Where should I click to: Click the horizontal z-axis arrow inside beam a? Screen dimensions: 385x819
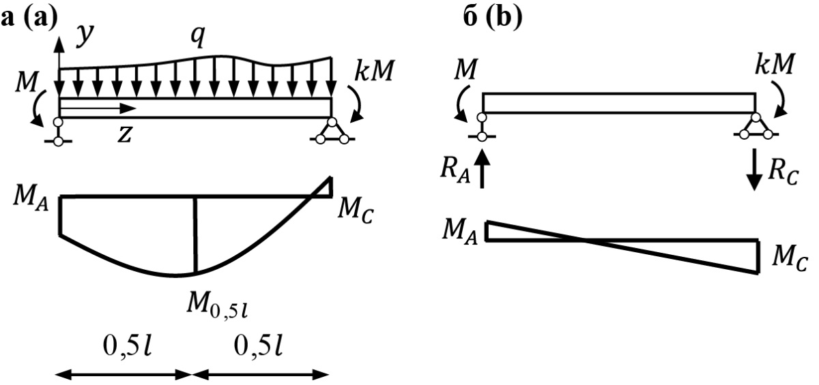click(99, 108)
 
